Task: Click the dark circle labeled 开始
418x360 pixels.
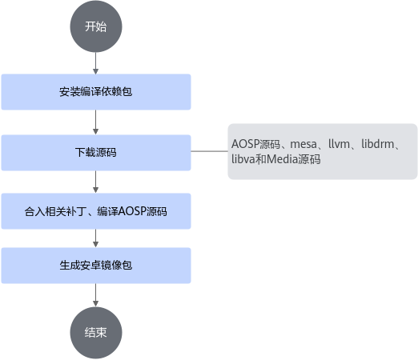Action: (96, 26)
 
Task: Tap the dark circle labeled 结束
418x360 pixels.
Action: (96, 333)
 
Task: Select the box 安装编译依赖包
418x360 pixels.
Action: (96, 92)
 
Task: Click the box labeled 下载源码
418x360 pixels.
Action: (96, 153)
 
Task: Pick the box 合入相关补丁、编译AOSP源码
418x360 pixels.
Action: (96, 211)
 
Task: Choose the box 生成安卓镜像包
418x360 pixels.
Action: (96, 266)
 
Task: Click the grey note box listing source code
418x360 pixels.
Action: (323, 151)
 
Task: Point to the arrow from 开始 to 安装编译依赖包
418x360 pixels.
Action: (96, 63)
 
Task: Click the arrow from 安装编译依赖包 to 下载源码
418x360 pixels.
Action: (96, 122)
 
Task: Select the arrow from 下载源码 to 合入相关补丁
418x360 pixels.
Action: (96, 182)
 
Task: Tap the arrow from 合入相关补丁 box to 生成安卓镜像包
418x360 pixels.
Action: (96, 238)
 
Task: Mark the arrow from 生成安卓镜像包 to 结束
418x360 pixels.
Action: (96, 295)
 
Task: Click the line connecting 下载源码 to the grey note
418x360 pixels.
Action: (210, 151)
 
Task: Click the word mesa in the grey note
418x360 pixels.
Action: (303, 144)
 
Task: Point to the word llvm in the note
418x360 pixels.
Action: (339, 144)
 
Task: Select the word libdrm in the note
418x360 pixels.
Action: (378, 144)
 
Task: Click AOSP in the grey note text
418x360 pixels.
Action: (246, 144)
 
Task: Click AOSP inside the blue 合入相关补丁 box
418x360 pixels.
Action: (132, 211)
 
